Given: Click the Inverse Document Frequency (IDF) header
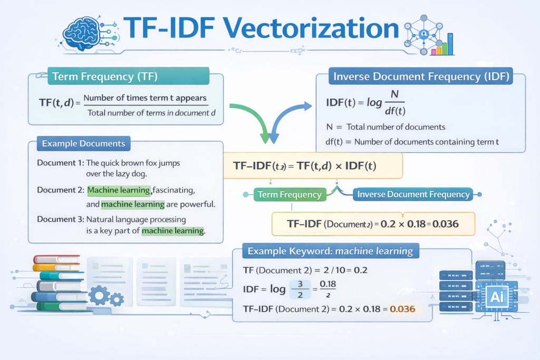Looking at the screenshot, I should (421, 77).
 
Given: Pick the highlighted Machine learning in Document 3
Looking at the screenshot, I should (173, 230).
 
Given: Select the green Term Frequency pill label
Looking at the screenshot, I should (289, 194).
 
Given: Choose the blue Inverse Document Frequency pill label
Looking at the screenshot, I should (413, 194).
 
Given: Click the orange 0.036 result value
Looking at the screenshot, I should (402, 309).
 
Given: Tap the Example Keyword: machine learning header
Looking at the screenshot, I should (330, 250).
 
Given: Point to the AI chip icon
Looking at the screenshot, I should (496, 296).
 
